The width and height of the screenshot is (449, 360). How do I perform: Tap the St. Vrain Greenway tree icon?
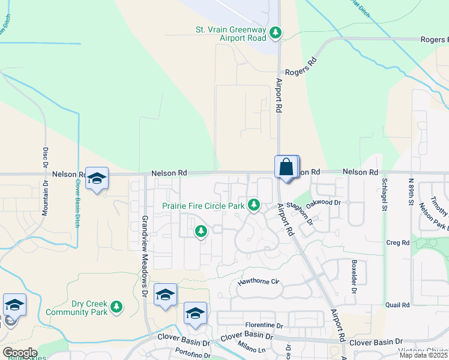click(x=276, y=32)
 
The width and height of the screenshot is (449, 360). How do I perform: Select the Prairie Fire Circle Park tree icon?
click(x=254, y=205)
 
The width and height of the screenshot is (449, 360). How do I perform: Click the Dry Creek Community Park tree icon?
click(x=116, y=307)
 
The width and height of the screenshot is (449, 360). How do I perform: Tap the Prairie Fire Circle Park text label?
click(x=203, y=206)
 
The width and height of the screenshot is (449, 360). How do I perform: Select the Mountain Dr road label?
click(x=44, y=200)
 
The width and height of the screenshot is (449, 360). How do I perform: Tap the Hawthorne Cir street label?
click(x=259, y=281)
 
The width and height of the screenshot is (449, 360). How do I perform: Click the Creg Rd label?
click(x=397, y=242)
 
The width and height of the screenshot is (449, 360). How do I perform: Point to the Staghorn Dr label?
click(x=300, y=212)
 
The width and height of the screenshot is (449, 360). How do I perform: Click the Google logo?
click(x=20, y=353)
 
